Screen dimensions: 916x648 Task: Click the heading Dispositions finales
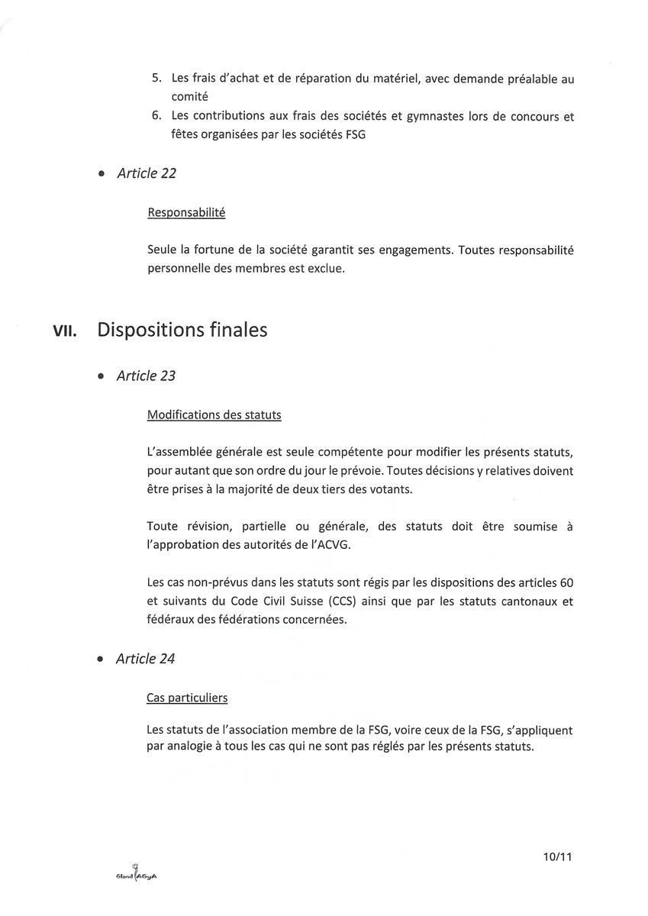click(182, 330)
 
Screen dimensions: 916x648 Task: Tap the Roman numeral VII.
click(64, 331)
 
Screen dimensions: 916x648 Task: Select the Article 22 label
click(147, 173)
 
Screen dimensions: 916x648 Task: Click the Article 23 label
click(147, 376)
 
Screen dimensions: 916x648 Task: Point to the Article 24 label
click(146, 659)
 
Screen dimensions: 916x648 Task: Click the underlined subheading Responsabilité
click(186, 213)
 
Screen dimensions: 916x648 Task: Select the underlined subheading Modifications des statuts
click(214, 415)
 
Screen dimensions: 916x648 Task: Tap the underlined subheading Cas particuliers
click(187, 698)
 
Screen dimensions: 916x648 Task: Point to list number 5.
click(156, 78)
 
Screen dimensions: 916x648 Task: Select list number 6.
click(156, 116)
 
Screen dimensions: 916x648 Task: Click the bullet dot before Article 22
click(102, 175)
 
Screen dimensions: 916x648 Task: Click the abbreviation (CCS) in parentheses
click(348, 601)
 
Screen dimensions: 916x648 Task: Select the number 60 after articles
click(566, 582)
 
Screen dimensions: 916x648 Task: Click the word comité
click(190, 97)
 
